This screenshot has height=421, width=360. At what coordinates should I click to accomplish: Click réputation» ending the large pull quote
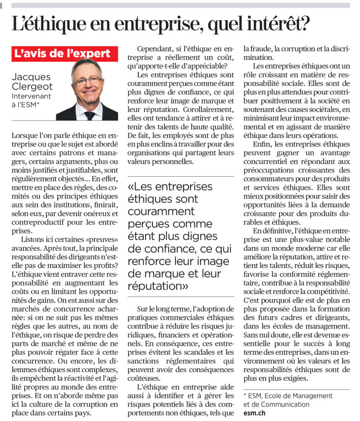point(158,285)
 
